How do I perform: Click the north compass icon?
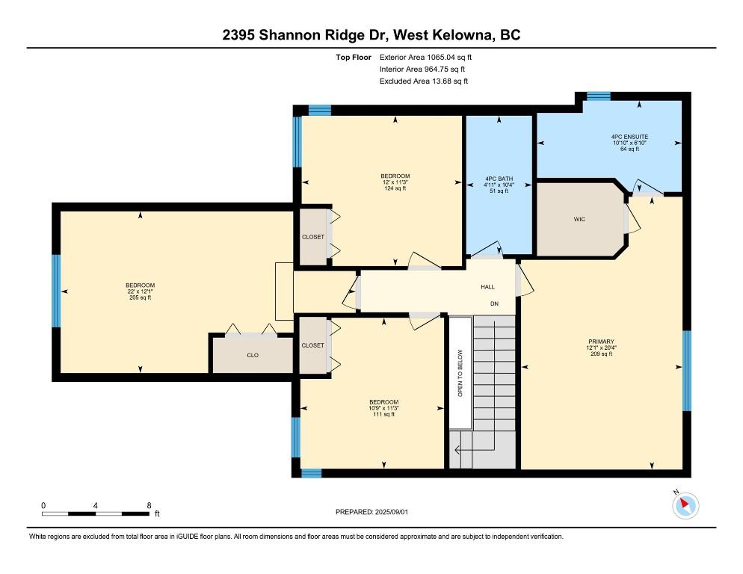coord(685,505)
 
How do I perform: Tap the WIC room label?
coord(579,219)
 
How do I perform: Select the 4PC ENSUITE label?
coord(629,137)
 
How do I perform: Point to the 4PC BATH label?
coord(499,179)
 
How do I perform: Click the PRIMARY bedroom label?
coord(601,342)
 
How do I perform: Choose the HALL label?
coord(487,287)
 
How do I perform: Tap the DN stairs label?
coord(494,304)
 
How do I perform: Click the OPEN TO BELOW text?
coord(460,373)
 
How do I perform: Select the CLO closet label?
coord(253,355)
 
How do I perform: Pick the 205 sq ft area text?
coord(141,297)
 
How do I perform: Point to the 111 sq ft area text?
coord(383,414)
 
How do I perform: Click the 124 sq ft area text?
coord(395,188)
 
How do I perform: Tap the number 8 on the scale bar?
coord(149,505)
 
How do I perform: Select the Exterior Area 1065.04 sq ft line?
coord(425,58)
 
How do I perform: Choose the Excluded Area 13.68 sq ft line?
coord(424,81)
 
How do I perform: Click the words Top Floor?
coord(354,58)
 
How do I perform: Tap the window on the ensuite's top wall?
coord(599,96)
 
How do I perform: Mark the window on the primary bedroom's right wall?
coord(687,371)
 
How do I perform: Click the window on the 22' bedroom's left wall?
coord(56,291)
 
